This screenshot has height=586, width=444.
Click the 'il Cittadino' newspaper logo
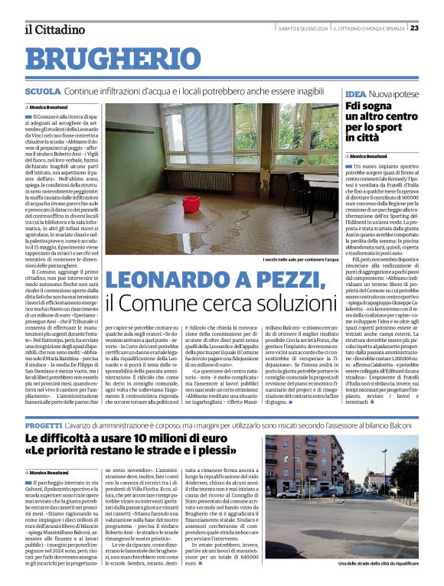tap(54, 29)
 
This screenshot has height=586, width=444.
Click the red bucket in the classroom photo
tap(191, 204)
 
